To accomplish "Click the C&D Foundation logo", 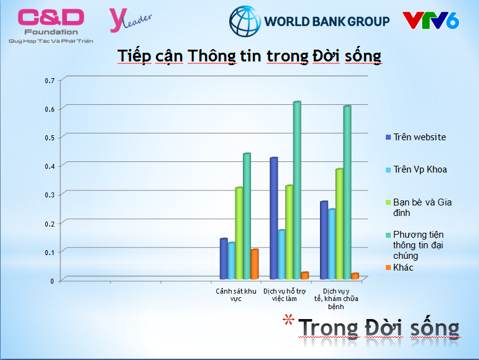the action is tap(51, 26).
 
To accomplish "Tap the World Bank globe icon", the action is tap(245, 21).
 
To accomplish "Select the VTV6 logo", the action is tap(431, 20).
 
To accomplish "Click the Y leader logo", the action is tap(130, 20).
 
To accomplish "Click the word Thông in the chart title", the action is tap(212, 56).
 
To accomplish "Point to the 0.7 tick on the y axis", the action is tap(50, 81).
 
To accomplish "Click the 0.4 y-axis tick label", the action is tap(50, 166).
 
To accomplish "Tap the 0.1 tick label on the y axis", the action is tap(50, 253).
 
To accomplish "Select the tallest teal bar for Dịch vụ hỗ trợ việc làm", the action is tap(297, 190).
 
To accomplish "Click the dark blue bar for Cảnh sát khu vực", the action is tap(224, 259).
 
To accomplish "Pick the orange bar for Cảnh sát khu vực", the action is tap(255, 264).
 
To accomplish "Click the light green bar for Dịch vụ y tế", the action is tap(339, 224).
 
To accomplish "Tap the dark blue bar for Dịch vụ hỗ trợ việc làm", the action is tap(274, 218).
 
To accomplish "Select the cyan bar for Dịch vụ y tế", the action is tap(332, 244).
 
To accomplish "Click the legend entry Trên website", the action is tap(416, 137).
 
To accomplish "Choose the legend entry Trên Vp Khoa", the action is tap(416, 169).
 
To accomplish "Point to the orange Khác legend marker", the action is tap(388, 268).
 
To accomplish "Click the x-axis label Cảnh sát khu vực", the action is tap(236, 295).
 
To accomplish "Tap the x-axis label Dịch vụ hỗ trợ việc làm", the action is tap(285, 295).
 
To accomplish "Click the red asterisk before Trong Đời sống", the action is tap(288, 320).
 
